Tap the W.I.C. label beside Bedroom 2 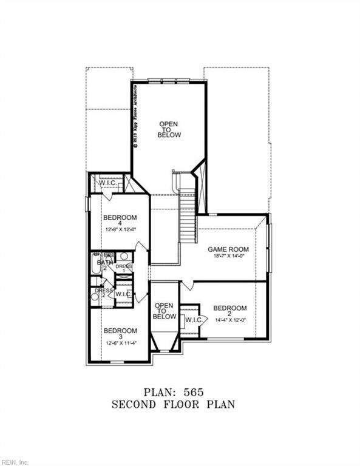pos(194,320)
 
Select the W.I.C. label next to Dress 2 pos(123,294)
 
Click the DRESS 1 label pos(124,268)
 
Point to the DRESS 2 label pos(102,292)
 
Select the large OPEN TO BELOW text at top pos(169,129)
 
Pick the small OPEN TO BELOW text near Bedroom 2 pos(165,311)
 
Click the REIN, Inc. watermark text pos(15,462)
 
